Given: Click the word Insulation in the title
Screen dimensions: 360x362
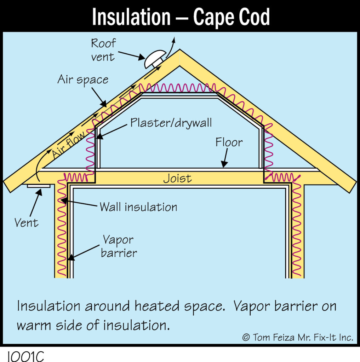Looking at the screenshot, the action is pos(131,17).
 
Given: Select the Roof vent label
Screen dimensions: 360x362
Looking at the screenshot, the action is pos(103,50).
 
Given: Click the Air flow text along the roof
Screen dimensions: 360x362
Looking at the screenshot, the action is pos(68,145).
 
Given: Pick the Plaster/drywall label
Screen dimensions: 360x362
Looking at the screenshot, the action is pos(171,123).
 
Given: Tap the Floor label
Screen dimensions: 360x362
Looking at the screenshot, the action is pos(229,142).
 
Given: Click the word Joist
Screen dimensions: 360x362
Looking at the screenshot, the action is pos(177,179).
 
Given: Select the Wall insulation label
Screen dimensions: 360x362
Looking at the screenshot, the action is pos(138,207).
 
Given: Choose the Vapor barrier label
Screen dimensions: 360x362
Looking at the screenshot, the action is pos(119,246).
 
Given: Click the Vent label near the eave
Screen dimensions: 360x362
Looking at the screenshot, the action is pos(26,223).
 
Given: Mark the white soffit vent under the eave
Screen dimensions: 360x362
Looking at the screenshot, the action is pos(39,186).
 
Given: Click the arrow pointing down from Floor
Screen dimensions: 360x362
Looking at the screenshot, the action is pos(225,158).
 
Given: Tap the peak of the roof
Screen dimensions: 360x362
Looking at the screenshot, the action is pos(180,49).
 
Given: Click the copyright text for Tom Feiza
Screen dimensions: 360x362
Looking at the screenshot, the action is pos(298,338).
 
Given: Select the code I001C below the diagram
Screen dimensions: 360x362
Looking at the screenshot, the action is pos(25,357).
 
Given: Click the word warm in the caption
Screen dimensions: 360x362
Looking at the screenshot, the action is pos(34,326).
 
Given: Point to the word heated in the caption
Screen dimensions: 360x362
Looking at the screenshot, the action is pos(157,306).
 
